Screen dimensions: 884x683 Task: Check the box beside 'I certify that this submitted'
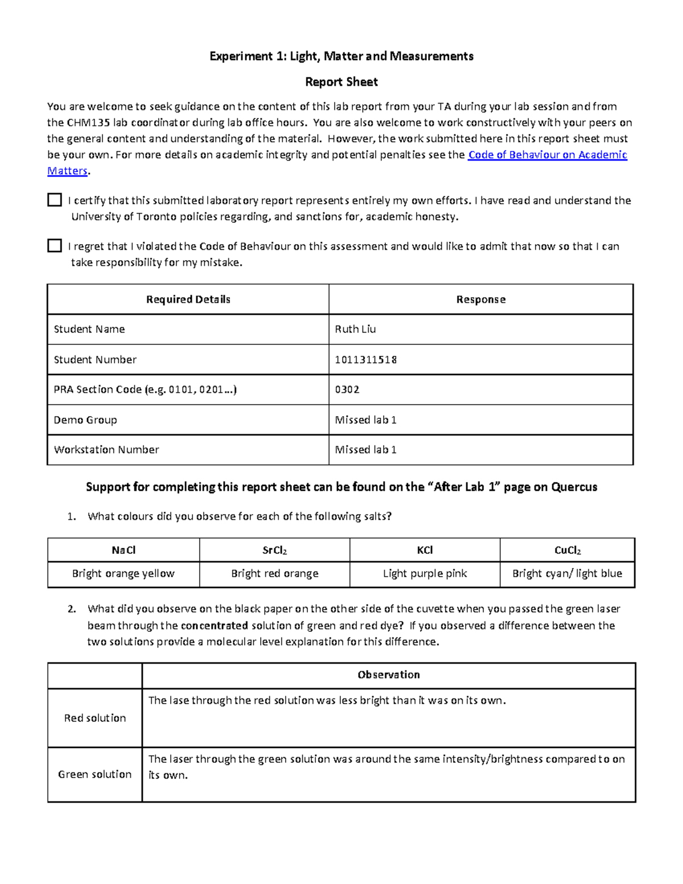[x=55, y=200]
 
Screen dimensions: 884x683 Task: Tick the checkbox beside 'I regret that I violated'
[x=55, y=245]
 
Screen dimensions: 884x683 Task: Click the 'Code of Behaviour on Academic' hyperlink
[x=547, y=155]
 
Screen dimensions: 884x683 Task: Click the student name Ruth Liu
[x=355, y=329]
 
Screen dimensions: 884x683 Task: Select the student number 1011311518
[x=365, y=360]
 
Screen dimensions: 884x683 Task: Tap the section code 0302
[x=347, y=389]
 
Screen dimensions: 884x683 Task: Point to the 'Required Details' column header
[x=188, y=299]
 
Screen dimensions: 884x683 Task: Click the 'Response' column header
[x=480, y=299]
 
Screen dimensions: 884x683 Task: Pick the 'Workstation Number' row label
[x=106, y=450]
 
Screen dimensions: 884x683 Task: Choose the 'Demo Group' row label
[x=85, y=420]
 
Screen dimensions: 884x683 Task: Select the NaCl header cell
[x=124, y=550]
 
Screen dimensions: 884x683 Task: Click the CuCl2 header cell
[x=567, y=550]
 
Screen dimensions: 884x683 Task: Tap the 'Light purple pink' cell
[x=425, y=574]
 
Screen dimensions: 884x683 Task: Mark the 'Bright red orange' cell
[x=274, y=574]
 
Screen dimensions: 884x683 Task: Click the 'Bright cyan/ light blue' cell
[x=567, y=574]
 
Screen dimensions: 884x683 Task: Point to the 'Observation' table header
[x=388, y=675]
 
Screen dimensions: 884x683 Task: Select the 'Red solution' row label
[x=94, y=718]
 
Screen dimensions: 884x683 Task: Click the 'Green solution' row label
[x=94, y=774]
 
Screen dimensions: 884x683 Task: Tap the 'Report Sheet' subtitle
[x=341, y=82]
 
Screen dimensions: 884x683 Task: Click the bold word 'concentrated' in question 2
[x=214, y=626]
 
